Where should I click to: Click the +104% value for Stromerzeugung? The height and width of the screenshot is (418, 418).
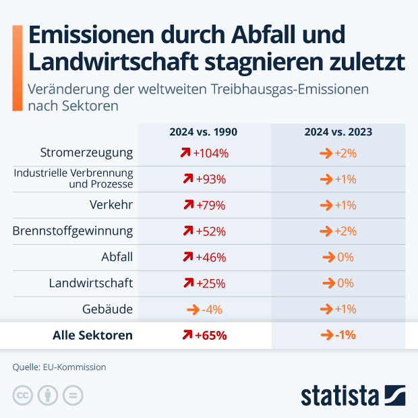211,153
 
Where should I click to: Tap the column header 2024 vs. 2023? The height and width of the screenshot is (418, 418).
338,132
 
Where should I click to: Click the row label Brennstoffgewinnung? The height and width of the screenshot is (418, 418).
73,231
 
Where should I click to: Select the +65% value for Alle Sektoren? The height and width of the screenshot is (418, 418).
211,335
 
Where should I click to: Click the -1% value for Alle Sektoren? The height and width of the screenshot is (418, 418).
345,335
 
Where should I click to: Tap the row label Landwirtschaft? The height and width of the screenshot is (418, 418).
91,283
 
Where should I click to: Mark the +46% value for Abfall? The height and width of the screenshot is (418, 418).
211,257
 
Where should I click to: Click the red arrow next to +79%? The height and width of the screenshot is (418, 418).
187,205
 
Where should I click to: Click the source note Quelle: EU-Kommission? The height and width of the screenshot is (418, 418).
59,367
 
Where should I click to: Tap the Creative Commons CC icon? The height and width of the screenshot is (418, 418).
23,395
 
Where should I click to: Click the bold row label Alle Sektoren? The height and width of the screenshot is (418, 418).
93,335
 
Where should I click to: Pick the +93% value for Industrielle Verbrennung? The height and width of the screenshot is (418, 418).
211,179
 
